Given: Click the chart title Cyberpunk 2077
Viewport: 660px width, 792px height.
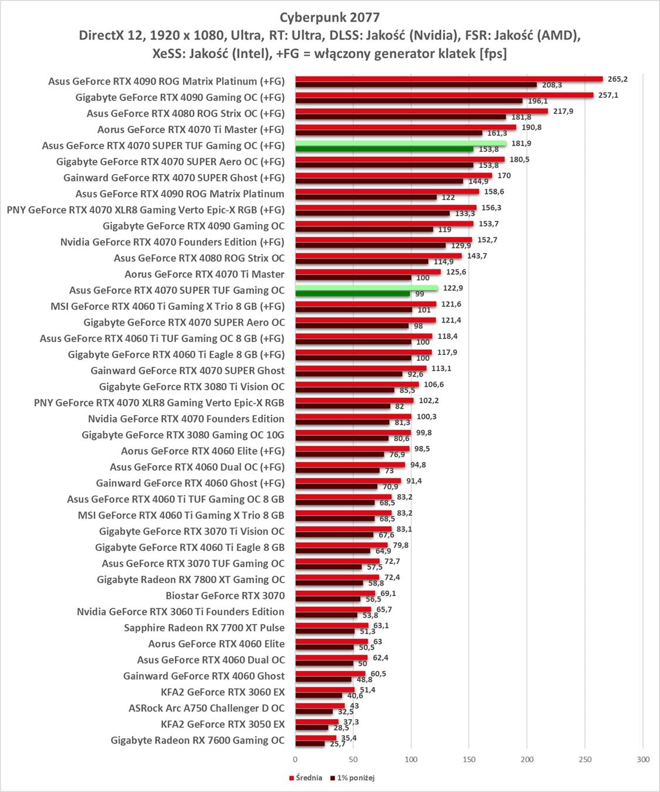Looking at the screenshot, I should pos(329,17).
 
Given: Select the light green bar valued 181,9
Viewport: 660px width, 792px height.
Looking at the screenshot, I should pos(400,143).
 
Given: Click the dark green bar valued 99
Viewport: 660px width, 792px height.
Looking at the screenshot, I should pos(352,293).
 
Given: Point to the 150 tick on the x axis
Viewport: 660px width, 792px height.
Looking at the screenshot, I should pos(469,759).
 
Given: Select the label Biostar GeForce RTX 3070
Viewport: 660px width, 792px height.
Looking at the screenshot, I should pos(225,595).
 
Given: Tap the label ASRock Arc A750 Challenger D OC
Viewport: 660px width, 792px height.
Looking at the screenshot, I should pos(207,708).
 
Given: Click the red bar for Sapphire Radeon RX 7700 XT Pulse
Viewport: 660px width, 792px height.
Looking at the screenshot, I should pos(331,625).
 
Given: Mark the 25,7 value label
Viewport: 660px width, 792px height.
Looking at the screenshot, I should pos(338,744).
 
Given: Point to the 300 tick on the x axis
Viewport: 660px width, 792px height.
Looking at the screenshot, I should pos(643,759).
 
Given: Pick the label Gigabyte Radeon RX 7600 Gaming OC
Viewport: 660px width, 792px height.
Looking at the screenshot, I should pos(198,740).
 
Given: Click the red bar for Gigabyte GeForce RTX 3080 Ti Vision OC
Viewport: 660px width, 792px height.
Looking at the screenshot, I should pos(357,384).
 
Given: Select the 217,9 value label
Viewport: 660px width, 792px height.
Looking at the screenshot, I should pos(563,111).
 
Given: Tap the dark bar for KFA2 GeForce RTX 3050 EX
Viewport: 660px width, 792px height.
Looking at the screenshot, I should pos(312,727).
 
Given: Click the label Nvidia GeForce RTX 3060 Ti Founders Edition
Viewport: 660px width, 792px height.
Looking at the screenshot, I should pos(181,612).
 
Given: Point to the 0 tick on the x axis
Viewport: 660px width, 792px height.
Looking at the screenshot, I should pos(295,759).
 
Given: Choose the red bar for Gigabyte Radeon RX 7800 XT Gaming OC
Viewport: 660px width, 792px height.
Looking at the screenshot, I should pos(337,577).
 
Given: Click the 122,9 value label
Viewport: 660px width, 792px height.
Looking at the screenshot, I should pos(453,288).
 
